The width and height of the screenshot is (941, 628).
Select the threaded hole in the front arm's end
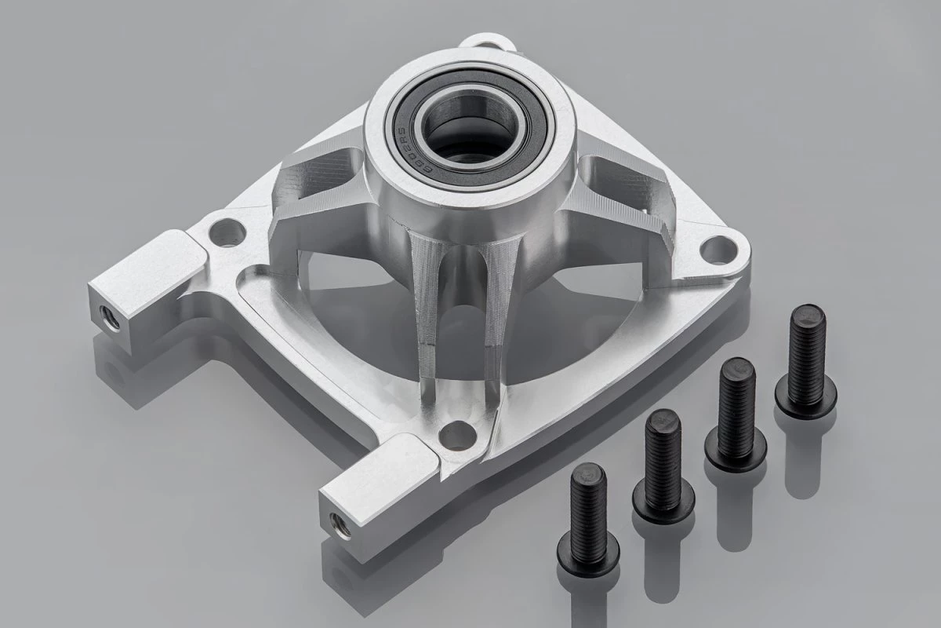[338, 519]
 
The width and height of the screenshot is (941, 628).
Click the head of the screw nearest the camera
[588, 553]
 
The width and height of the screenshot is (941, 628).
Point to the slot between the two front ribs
[459, 314]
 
